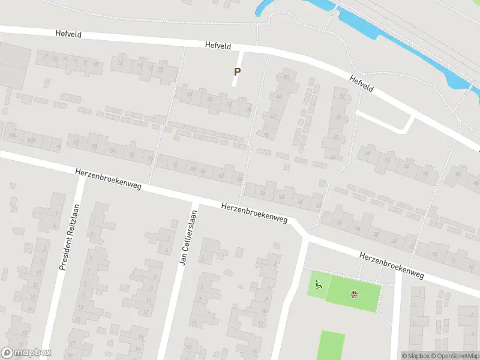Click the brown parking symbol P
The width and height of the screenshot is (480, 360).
237,71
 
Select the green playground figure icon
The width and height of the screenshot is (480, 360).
318,284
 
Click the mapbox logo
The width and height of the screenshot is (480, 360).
26,353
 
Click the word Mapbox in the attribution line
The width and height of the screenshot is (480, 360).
418,356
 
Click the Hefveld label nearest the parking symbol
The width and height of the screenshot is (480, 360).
217,45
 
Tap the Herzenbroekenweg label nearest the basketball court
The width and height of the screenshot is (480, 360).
391,265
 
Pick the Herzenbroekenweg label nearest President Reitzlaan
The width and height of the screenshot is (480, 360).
108,179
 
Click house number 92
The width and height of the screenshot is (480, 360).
76,143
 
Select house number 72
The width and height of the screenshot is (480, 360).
175,164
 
